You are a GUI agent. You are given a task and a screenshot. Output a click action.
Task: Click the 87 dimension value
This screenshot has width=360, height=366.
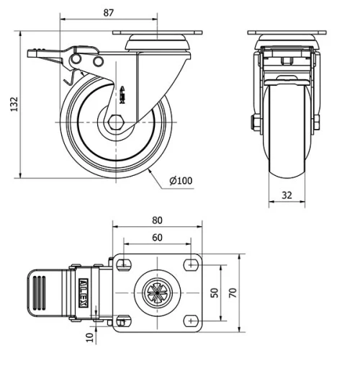point(108,12)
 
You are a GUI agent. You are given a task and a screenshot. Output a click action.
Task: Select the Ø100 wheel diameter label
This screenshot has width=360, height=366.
point(181,181)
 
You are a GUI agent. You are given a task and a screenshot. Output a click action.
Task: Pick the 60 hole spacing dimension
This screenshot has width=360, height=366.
point(157,237)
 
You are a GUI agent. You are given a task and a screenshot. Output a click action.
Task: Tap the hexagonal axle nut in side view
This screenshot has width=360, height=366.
point(115,123)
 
